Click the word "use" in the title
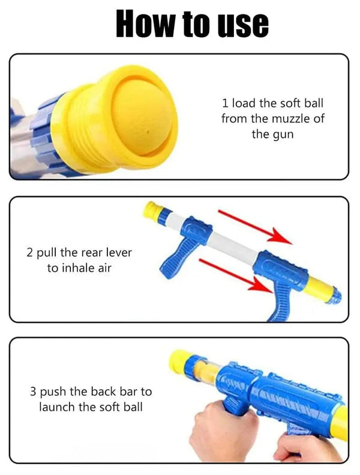click(x=242, y=23)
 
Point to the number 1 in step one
click(x=225, y=103)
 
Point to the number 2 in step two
click(x=29, y=252)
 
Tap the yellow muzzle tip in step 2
click(x=152, y=209)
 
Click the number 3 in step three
click(x=33, y=392)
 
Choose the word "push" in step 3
click(x=53, y=392)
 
